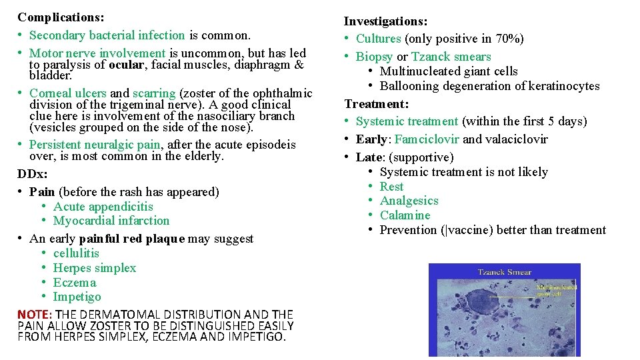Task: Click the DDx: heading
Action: tap(33, 174)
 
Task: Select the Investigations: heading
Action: tap(386, 22)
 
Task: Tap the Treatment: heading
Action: tap(377, 104)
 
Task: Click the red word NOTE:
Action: tap(35, 314)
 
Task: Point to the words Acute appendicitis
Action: tap(103, 207)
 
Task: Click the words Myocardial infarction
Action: tap(111, 221)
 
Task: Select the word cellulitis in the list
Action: tap(76, 253)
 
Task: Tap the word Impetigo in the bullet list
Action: tap(77, 297)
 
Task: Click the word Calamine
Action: tap(405, 215)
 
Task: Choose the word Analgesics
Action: tap(409, 201)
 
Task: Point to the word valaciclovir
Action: tap(516, 139)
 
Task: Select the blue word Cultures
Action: tap(379, 39)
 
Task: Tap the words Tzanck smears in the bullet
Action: tap(451, 57)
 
